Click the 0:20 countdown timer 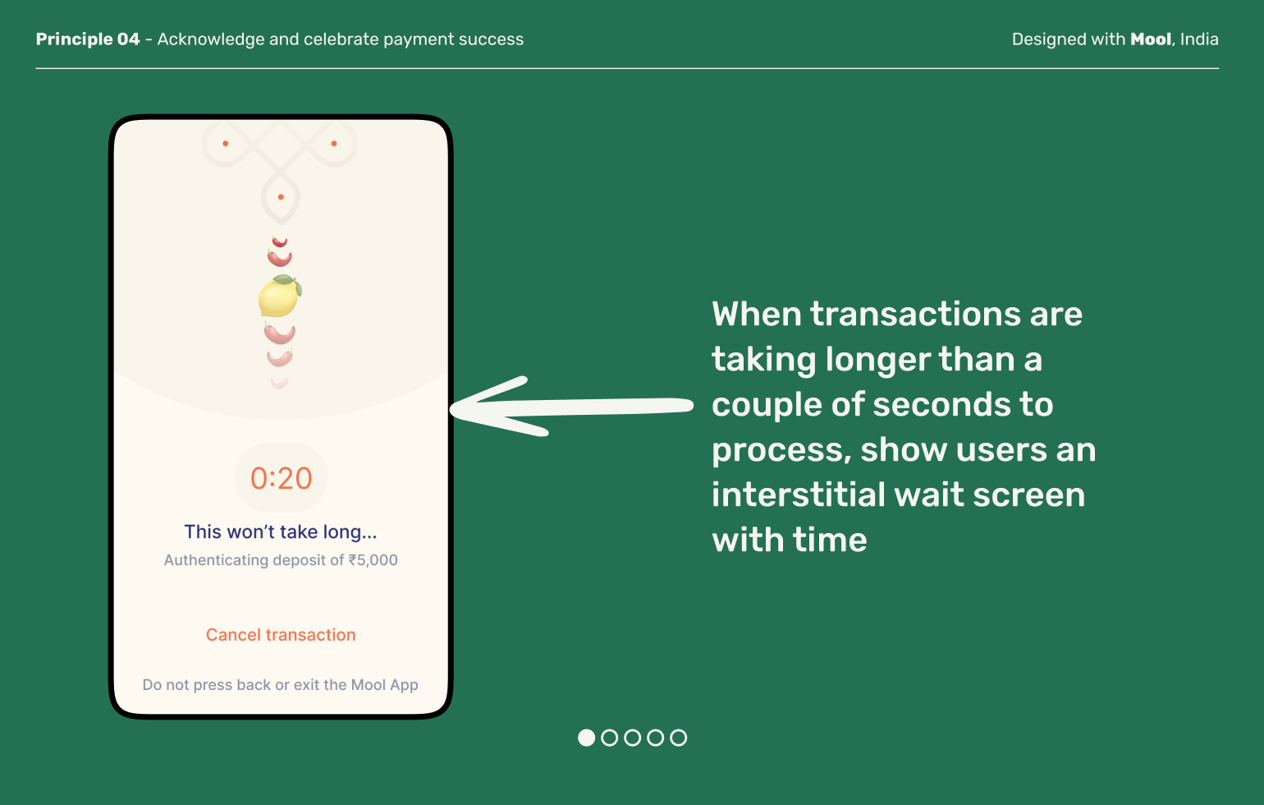coord(281,478)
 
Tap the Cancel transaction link coord(281,635)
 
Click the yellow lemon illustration coord(278,297)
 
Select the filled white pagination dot coord(586,738)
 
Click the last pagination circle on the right coord(678,738)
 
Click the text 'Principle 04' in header coord(88,39)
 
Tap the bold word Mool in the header coord(1151,39)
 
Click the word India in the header coord(1199,39)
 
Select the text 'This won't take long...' coord(281,532)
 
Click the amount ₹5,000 coord(373,560)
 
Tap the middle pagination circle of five coord(632,738)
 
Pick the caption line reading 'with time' coord(790,540)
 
